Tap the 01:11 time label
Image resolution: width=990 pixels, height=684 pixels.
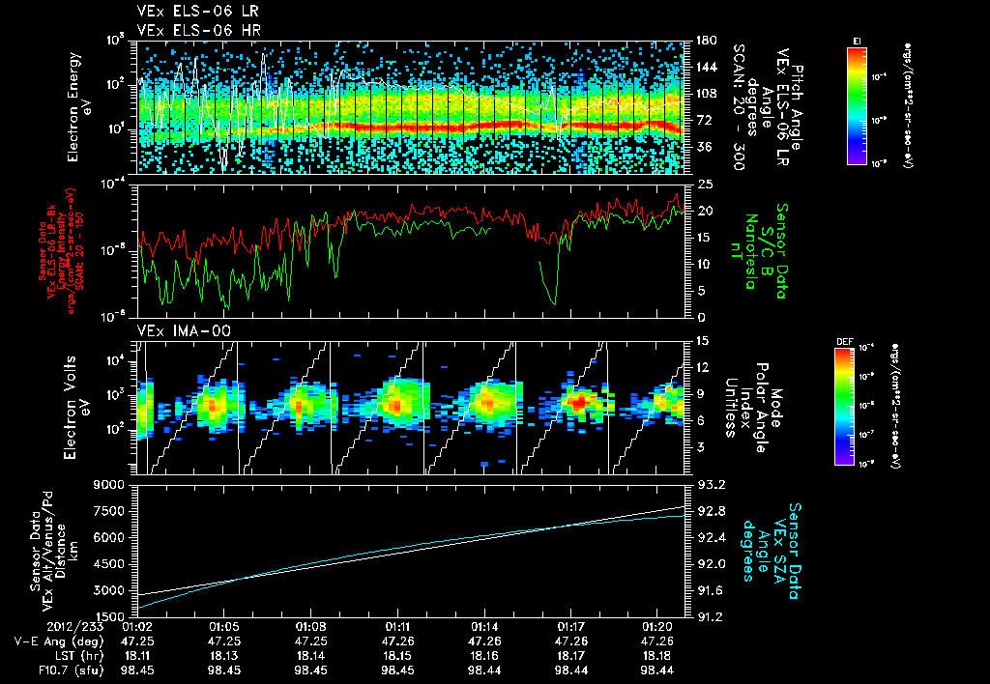(x=408, y=625)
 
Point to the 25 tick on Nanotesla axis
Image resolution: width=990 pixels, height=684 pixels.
(x=704, y=184)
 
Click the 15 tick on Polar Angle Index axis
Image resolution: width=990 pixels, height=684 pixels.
(x=702, y=340)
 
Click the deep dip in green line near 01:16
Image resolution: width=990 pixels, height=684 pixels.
(x=554, y=302)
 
